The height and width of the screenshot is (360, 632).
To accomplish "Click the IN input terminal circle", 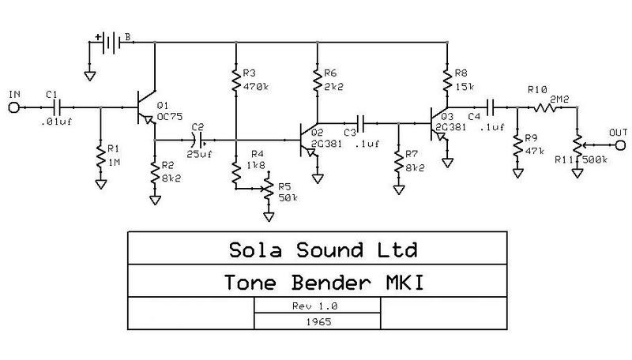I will [13, 107].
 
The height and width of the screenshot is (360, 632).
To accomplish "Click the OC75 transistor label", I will [169, 115].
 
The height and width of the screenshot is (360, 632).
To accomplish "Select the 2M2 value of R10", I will [560, 100].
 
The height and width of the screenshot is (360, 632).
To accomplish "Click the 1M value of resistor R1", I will [115, 161].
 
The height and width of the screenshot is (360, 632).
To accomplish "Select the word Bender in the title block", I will [341, 282].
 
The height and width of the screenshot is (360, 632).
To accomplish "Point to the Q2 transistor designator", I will [317, 132].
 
